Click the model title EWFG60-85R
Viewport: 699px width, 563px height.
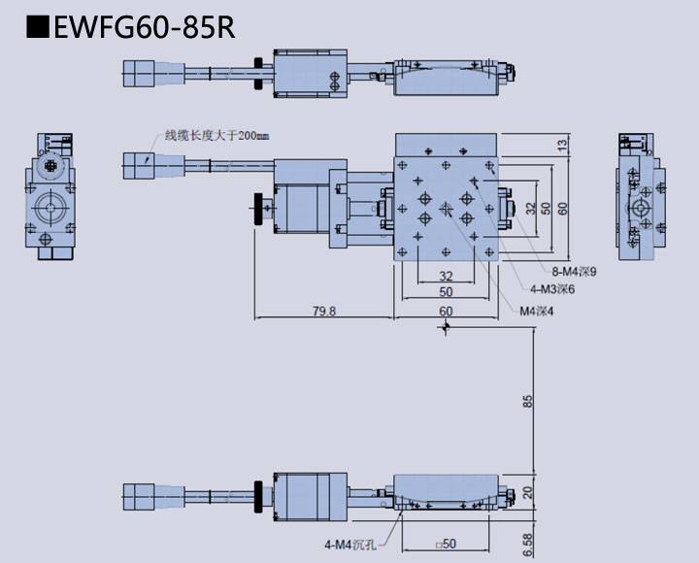pos(145,26)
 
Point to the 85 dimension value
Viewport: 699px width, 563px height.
pos(527,401)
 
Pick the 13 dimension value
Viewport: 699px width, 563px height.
pos(562,145)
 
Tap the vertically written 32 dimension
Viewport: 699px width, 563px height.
pos(530,208)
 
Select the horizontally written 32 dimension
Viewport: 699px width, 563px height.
pos(446,275)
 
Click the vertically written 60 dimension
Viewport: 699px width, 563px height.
pos(562,208)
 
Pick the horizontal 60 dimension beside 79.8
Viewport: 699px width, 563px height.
pos(446,312)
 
